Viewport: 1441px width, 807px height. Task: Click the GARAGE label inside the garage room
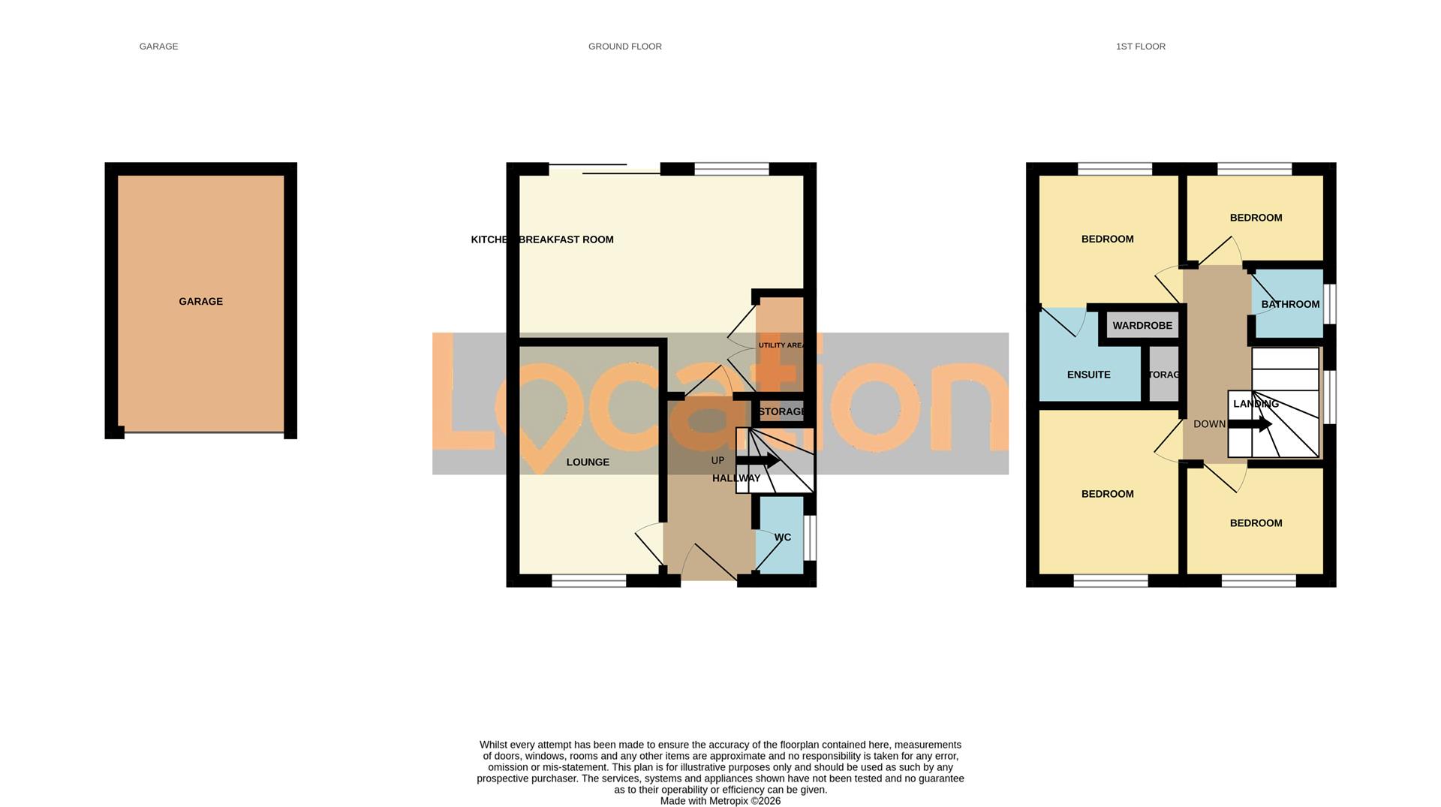(x=200, y=302)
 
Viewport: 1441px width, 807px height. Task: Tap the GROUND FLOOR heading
(x=624, y=47)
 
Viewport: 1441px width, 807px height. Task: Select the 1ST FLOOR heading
(x=1140, y=47)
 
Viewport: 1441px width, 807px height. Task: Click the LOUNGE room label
(x=588, y=462)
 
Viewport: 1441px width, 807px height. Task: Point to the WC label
(x=782, y=537)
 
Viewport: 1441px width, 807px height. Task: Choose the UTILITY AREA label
(x=781, y=345)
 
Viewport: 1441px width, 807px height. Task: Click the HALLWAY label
(x=736, y=478)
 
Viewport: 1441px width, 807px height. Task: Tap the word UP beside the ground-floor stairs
(x=717, y=460)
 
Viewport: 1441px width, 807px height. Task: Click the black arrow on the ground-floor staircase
(x=758, y=461)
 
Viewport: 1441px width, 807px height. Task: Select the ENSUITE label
(x=1088, y=375)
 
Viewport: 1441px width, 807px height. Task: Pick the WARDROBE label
(x=1142, y=326)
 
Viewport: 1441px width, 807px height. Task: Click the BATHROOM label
(x=1290, y=304)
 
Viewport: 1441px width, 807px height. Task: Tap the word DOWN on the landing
(x=1209, y=424)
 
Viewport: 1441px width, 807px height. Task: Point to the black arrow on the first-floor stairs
(x=1250, y=425)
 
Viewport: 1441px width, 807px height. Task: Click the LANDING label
(x=1256, y=404)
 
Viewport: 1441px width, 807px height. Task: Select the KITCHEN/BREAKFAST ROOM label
(x=542, y=239)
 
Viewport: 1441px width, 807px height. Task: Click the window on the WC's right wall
(x=810, y=537)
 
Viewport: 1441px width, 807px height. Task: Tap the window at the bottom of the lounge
(x=589, y=580)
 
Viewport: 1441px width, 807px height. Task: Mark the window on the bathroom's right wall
(x=1329, y=303)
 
